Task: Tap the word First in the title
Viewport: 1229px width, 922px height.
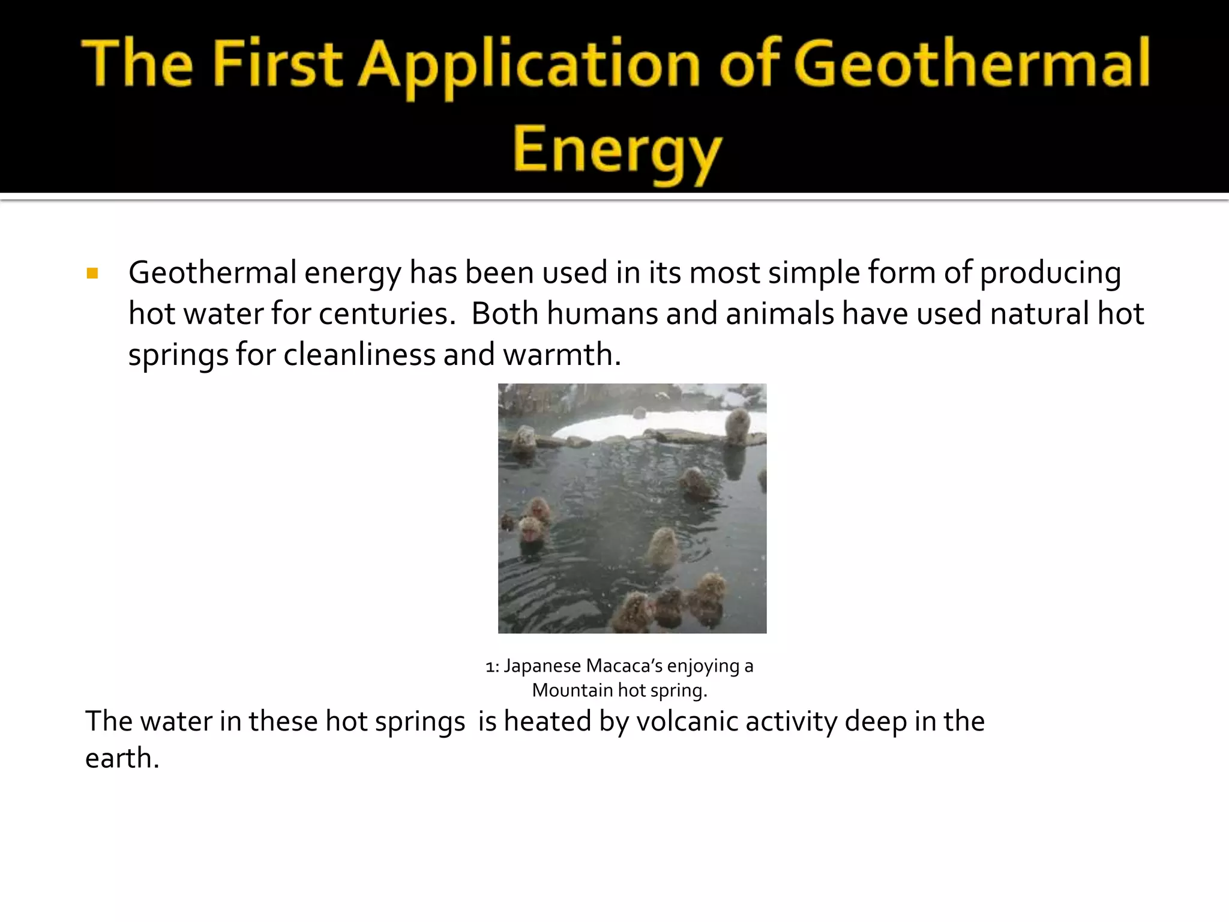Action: pyautogui.click(x=277, y=64)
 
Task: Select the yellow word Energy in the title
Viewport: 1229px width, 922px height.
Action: pyautogui.click(x=618, y=150)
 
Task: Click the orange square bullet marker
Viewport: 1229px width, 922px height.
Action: pyautogui.click(x=92, y=274)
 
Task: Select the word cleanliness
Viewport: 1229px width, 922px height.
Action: pyautogui.click(x=359, y=354)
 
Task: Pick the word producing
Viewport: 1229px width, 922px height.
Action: pyautogui.click(x=1050, y=273)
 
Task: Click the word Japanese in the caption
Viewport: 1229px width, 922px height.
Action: pyautogui.click(x=542, y=666)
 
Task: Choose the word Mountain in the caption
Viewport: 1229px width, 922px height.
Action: pyautogui.click(x=571, y=690)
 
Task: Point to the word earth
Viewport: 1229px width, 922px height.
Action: pyautogui.click(x=122, y=758)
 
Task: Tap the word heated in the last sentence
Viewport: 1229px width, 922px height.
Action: pyautogui.click(x=547, y=721)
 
